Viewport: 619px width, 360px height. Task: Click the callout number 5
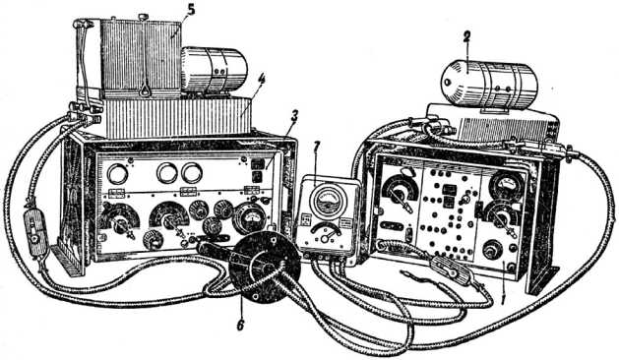[x=191, y=11]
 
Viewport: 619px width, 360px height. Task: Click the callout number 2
[x=466, y=37]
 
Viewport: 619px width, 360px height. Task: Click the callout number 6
[x=240, y=325]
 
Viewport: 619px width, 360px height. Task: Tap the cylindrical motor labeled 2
[x=489, y=85]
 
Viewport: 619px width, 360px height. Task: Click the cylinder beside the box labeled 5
[x=215, y=70]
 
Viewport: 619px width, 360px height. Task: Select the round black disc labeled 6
[x=265, y=267]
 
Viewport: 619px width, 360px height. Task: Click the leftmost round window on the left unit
[x=118, y=174]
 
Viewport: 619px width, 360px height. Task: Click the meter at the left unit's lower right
[x=250, y=218]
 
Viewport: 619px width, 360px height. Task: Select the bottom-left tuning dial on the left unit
[x=119, y=222]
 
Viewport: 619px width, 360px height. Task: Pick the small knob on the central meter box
[x=326, y=238]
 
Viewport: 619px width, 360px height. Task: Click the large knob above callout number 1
[x=492, y=250]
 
